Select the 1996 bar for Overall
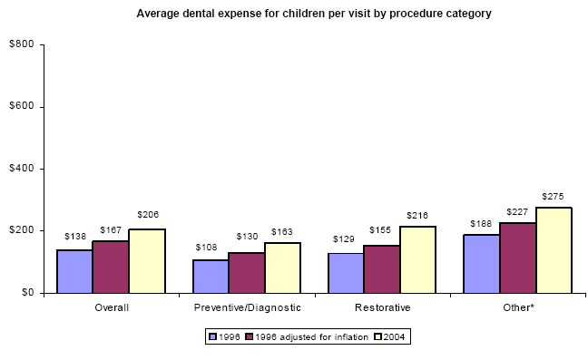click(74, 271)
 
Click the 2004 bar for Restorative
click(417, 259)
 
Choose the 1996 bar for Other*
click(481, 264)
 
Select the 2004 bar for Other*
click(554, 250)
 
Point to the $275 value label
click(553, 196)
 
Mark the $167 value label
click(111, 229)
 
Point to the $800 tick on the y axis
click(23, 44)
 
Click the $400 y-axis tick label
click(23, 169)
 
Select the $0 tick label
click(27, 292)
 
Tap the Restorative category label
click(382, 307)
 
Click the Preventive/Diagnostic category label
click(247, 307)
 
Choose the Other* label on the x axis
click(517, 307)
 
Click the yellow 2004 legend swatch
click(376, 336)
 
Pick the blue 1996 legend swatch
click(211, 336)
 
